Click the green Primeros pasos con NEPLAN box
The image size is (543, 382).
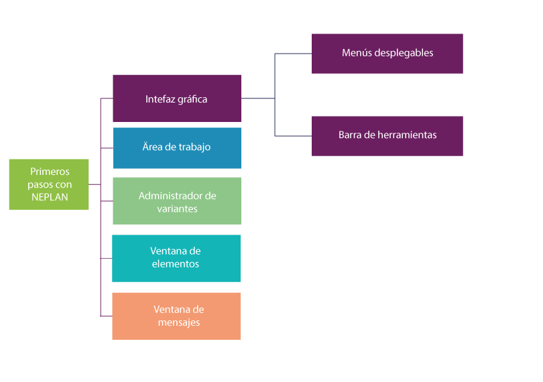tap(49, 184)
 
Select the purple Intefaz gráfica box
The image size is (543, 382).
tap(176, 98)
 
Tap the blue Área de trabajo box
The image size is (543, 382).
tap(177, 147)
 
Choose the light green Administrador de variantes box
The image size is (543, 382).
tap(176, 200)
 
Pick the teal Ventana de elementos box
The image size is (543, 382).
tap(176, 258)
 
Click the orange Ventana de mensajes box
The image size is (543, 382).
tap(176, 316)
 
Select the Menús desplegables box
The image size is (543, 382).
tap(387, 54)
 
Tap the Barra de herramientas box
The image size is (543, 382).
tap(387, 136)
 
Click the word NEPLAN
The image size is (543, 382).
tap(50, 197)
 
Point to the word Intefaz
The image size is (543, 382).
tap(160, 99)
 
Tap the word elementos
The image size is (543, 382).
tap(175, 264)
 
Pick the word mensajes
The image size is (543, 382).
tap(179, 322)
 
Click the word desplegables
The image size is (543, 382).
tap(402, 53)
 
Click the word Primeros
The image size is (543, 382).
tap(50, 172)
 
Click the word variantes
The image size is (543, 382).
tap(177, 208)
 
